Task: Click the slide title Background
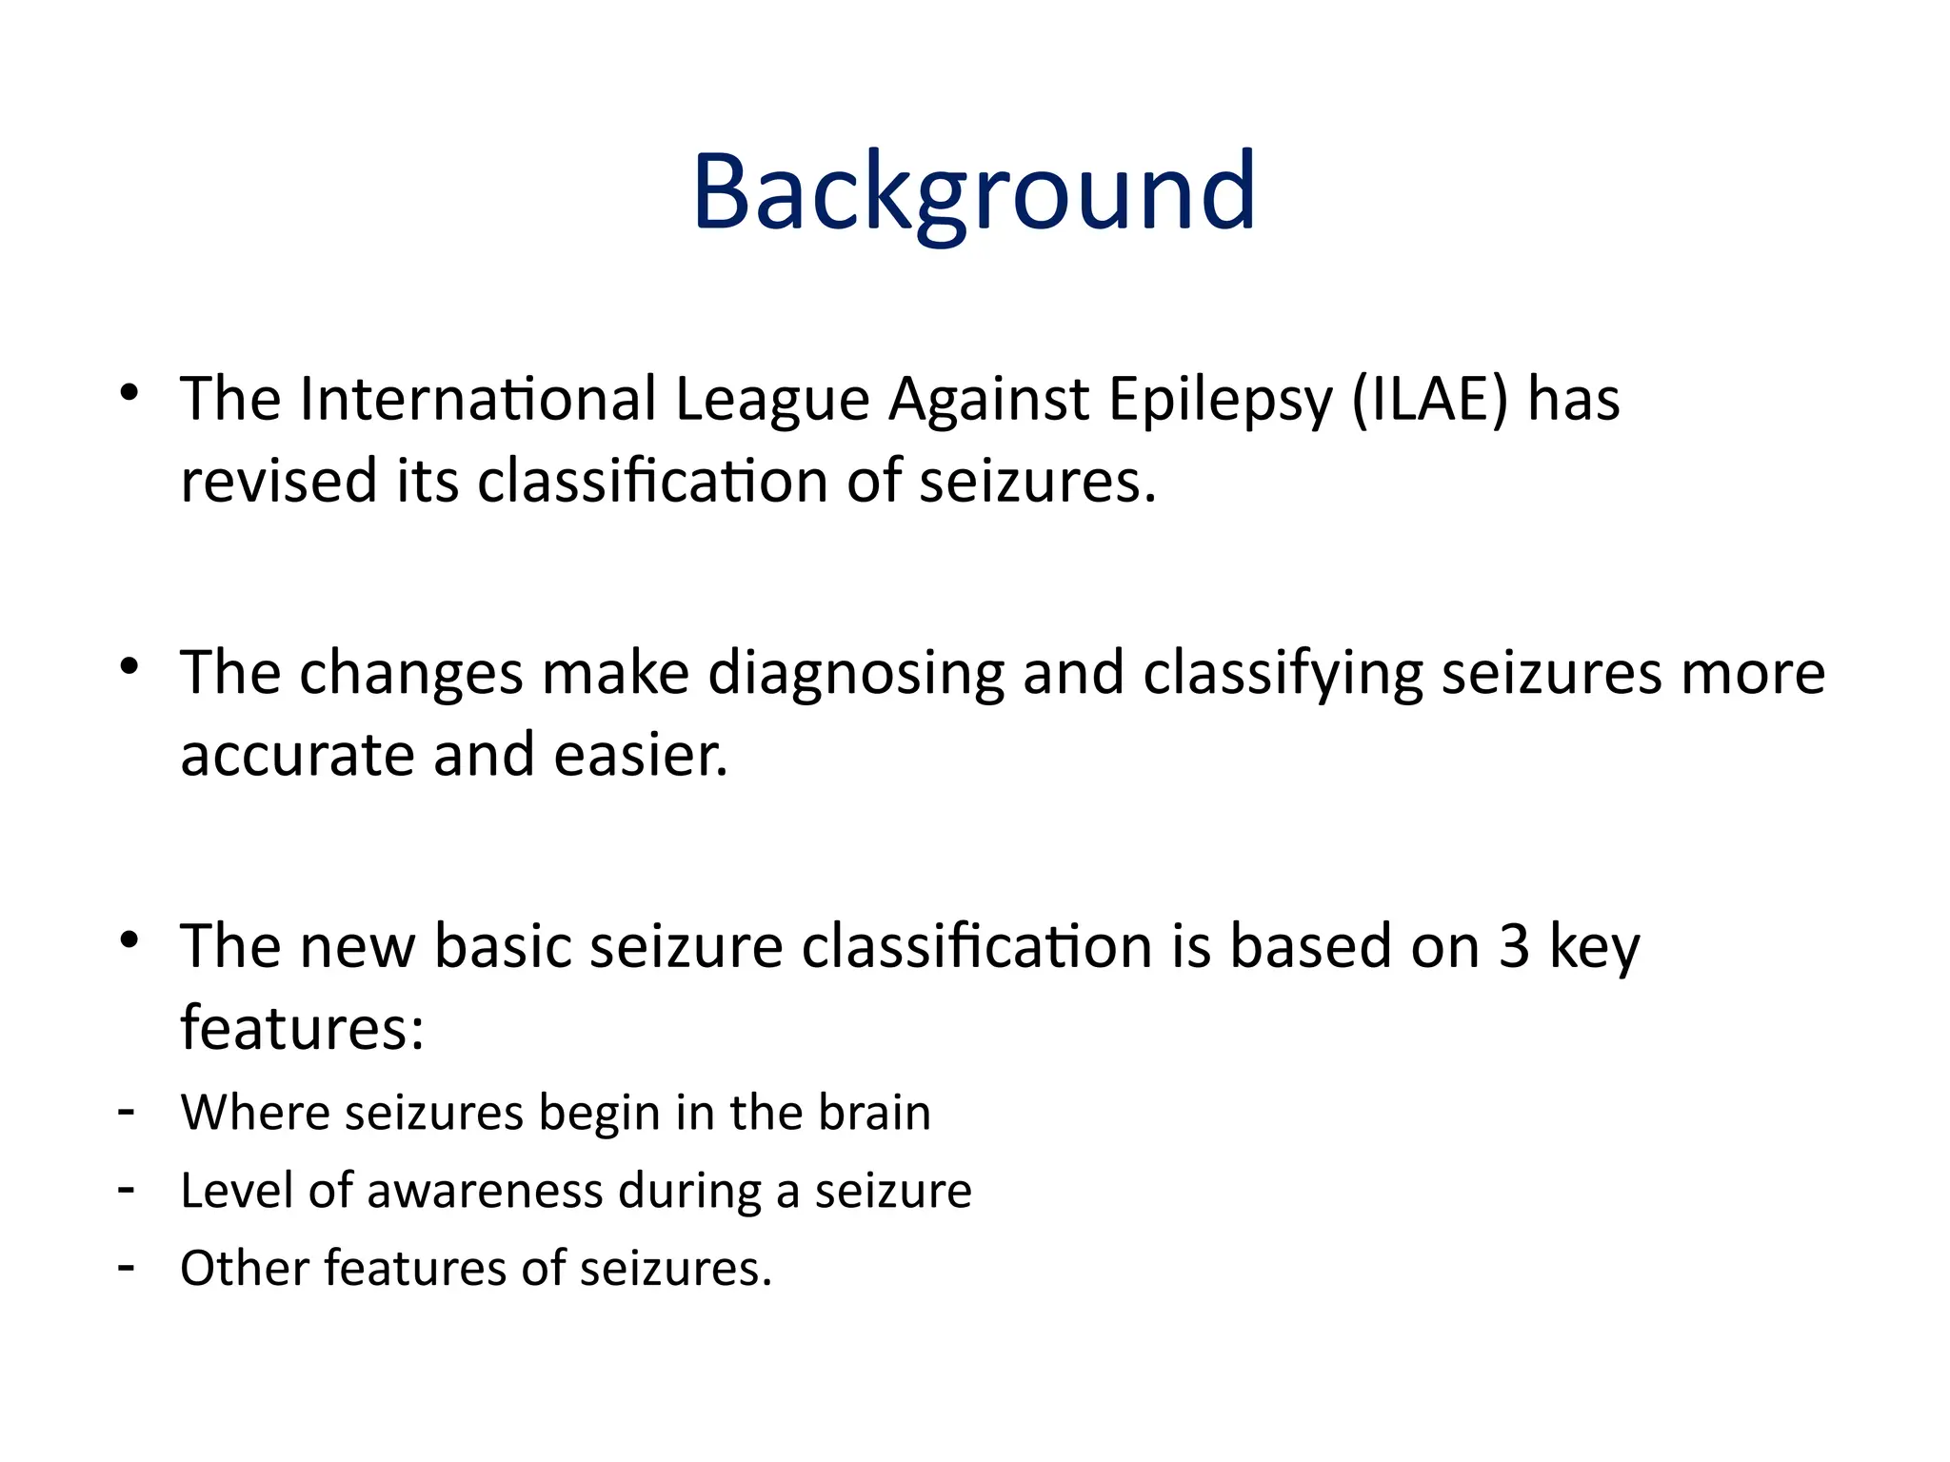point(974,192)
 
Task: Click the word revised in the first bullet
point(280,481)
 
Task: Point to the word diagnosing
point(856,674)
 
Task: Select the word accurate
point(297,756)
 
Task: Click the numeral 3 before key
point(1514,946)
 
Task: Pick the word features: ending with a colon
point(302,1028)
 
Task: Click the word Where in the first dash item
point(253,1112)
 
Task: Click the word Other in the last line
point(244,1268)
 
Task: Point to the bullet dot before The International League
point(130,392)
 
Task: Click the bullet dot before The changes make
point(130,666)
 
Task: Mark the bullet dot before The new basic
point(130,939)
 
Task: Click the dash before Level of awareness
point(126,1190)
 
